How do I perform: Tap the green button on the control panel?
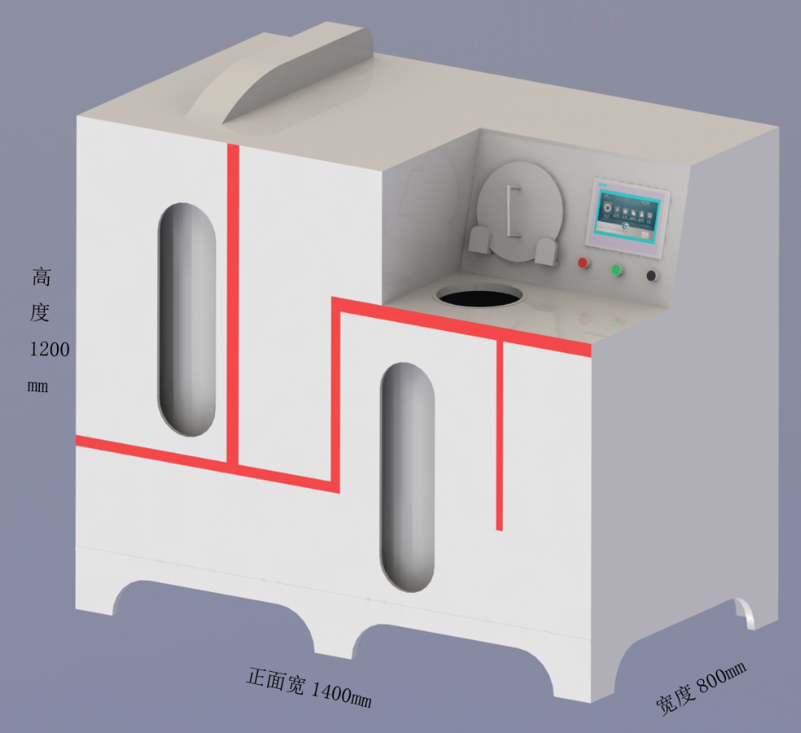[x=616, y=269]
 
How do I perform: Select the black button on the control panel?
[x=652, y=276]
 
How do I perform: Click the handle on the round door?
[x=511, y=211]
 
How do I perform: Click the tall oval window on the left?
[x=187, y=319]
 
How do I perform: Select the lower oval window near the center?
[x=407, y=477]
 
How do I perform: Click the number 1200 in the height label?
[x=50, y=350]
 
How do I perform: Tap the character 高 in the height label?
[x=42, y=277]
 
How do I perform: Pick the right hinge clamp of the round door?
[x=547, y=250]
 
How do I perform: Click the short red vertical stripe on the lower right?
[x=500, y=436]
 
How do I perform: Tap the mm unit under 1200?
[x=38, y=386]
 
